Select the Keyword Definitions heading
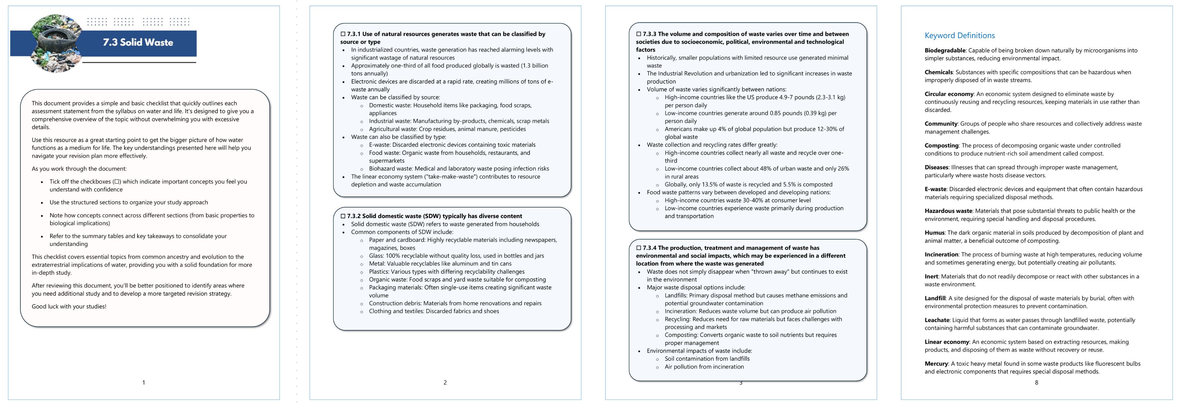pyautogui.click(x=959, y=35)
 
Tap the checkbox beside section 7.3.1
pyautogui.click(x=343, y=34)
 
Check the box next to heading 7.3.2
pyautogui.click(x=343, y=216)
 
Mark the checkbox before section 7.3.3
pyautogui.click(x=638, y=34)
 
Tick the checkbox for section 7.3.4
pyautogui.click(x=638, y=248)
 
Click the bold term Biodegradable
pyautogui.click(x=945, y=50)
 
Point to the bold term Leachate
pyautogui.click(x=937, y=320)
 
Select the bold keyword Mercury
pyautogui.click(x=936, y=363)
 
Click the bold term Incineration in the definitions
pyautogui.click(x=941, y=254)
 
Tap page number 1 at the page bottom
pyautogui.click(x=143, y=382)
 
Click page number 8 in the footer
pyautogui.click(x=1036, y=382)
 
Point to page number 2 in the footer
pyautogui.click(x=445, y=382)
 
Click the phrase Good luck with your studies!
pyautogui.click(x=69, y=307)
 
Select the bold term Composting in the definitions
pyautogui.click(x=941, y=146)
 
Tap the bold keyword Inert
pyautogui.click(x=931, y=277)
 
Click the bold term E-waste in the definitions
pyautogui.click(x=935, y=189)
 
